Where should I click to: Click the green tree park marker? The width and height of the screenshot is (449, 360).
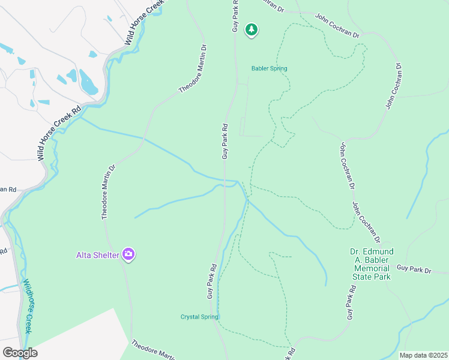tap(252, 29)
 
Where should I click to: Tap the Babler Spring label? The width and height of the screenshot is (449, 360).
tap(269, 68)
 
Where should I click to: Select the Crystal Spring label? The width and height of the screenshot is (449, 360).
tap(199, 317)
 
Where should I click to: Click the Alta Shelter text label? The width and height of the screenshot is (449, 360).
tap(98, 255)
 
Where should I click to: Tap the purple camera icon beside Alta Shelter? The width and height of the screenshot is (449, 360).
tap(128, 254)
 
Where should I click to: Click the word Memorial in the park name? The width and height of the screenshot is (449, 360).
tap(370, 268)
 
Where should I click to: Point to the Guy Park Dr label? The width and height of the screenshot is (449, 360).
tap(414, 271)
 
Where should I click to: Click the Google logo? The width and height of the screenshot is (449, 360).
tap(20, 353)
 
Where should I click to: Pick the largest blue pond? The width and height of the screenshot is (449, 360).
tap(88, 82)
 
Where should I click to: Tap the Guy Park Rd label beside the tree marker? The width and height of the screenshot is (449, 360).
tap(235, 16)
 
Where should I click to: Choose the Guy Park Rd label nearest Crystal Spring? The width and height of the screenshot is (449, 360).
tap(211, 282)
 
